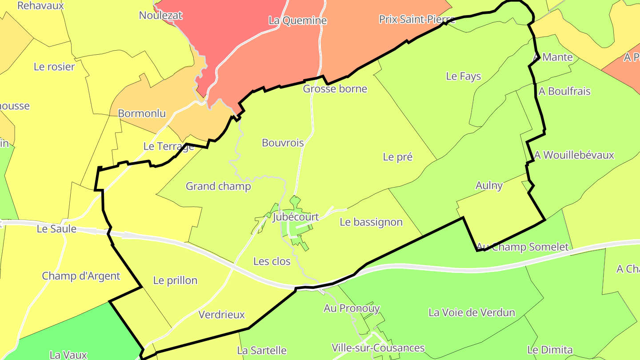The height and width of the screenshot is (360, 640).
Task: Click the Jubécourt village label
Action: click(296, 217)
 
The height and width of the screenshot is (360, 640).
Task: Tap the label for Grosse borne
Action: click(335, 88)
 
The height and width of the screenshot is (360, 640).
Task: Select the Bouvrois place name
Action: click(283, 143)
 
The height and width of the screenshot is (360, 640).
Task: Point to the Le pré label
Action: click(398, 157)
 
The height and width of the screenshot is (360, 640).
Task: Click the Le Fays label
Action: click(464, 76)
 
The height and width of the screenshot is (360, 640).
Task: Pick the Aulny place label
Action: click(489, 185)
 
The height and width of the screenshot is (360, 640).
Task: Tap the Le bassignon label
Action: click(371, 222)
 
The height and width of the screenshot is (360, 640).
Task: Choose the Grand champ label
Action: click(218, 186)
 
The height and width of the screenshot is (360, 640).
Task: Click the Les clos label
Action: click(272, 261)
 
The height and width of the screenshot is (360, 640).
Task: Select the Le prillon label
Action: click(175, 280)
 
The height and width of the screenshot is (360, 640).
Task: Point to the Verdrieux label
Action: click(222, 315)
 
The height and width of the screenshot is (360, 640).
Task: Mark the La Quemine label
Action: click(298, 20)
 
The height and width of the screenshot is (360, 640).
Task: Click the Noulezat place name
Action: click(161, 15)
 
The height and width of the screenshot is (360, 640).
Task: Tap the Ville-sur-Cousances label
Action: click(378, 348)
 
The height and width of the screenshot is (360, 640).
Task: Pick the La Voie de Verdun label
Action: click(472, 312)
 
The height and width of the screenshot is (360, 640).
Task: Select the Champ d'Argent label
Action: click(81, 276)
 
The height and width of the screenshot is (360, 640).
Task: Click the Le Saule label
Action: click(56, 229)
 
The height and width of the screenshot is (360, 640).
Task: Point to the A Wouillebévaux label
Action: click(574, 155)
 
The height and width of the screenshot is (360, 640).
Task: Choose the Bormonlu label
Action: click(142, 113)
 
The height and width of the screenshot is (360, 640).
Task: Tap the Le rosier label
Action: click(54, 67)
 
